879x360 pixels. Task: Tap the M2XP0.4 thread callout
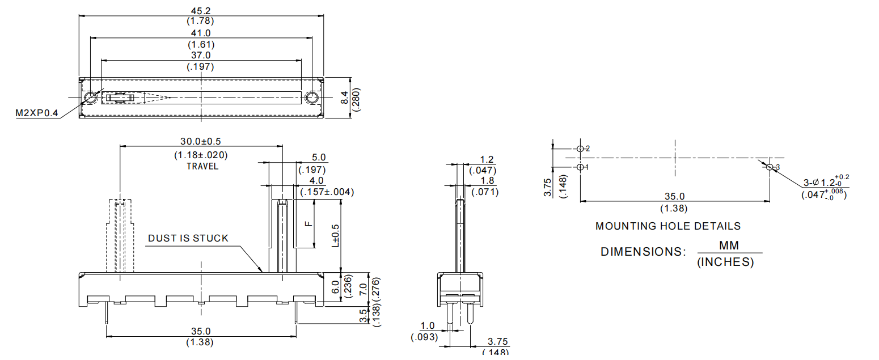point(36,113)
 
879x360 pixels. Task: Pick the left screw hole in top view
point(90,98)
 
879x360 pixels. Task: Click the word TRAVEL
point(202,167)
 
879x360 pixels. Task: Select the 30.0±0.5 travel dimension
point(201,141)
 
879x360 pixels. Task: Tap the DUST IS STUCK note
point(188,238)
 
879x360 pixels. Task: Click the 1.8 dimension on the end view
point(486,180)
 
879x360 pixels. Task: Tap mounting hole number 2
point(580,149)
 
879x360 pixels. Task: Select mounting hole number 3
point(770,167)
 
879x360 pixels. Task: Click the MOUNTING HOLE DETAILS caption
point(667,226)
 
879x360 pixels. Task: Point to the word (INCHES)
point(725,262)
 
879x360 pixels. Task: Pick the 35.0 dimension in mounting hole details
point(674,196)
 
